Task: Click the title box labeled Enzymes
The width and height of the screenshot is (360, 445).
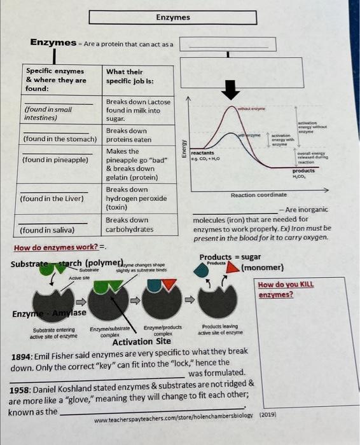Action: click(x=173, y=17)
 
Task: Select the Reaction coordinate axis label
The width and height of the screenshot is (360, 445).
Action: click(x=255, y=195)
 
